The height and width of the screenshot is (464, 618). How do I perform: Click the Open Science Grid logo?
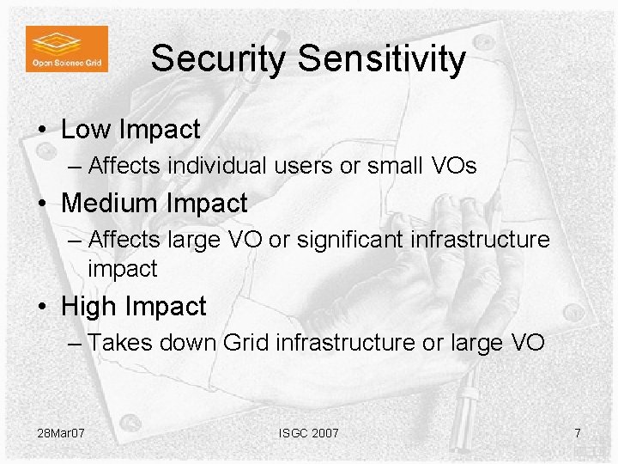[x=67, y=48]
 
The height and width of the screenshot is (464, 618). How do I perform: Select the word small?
[x=394, y=165]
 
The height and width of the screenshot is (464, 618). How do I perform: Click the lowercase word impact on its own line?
[x=123, y=269]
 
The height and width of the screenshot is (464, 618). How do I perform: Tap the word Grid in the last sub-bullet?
[x=245, y=343]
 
